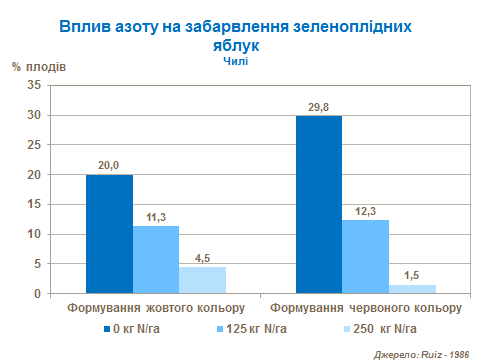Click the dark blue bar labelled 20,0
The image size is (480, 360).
click(x=109, y=234)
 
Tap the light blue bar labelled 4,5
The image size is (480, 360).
click(x=202, y=280)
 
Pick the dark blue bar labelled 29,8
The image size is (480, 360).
click(x=319, y=205)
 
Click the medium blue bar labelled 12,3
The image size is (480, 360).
click(x=365, y=257)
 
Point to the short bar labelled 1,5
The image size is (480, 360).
click(x=412, y=289)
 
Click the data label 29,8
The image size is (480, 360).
click(x=319, y=107)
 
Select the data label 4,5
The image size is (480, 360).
click(x=202, y=258)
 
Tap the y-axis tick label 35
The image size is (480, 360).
click(x=33, y=86)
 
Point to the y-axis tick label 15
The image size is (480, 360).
click(x=33, y=205)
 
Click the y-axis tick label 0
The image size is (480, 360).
click(x=36, y=294)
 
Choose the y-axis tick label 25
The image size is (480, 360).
click(x=33, y=146)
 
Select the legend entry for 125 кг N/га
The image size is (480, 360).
click(x=252, y=328)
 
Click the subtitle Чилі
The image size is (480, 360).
click(x=236, y=60)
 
